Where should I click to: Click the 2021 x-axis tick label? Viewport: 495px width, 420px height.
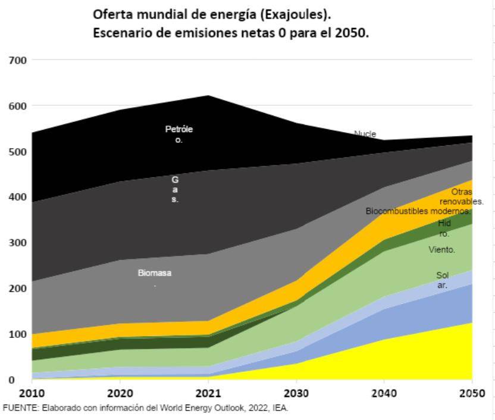(x=209, y=394)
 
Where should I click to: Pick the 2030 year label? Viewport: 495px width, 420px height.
(x=296, y=394)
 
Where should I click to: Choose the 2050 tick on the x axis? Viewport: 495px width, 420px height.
(x=472, y=394)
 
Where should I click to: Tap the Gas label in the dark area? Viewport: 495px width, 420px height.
(x=175, y=189)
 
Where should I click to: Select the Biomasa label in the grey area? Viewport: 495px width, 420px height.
(x=155, y=274)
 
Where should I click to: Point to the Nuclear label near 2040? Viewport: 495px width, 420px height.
(x=365, y=134)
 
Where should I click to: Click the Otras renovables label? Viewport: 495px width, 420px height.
(x=461, y=197)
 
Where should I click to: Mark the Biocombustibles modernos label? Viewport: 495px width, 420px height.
(x=418, y=211)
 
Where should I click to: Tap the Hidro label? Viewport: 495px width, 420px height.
(x=444, y=228)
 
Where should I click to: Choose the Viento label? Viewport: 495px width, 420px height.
(x=442, y=250)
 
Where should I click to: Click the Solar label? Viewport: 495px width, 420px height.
(x=442, y=280)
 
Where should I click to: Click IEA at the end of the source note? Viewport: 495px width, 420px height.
(x=281, y=408)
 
